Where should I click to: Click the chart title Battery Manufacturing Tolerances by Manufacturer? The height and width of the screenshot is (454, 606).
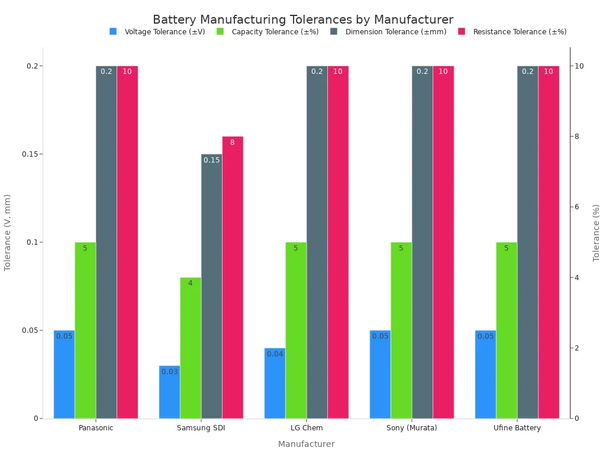(x=303, y=20)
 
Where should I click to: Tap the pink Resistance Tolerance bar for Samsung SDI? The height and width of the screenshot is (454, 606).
(x=233, y=277)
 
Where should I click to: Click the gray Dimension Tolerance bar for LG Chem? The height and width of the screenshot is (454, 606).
(x=317, y=242)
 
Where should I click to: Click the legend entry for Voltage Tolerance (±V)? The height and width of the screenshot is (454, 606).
(x=157, y=32)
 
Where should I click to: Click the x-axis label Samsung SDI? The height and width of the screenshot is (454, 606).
(x=201, y=428)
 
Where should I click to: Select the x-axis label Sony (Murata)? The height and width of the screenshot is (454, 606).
(x=412, y=428)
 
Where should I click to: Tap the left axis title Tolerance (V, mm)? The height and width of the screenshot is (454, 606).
(x=8, y=232)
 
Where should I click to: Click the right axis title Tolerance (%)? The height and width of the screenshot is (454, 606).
(x=597, y=232)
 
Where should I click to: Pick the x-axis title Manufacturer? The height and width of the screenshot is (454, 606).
(x=306, y=444)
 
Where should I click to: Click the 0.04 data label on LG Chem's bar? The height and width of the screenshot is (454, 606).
(x=275, y=354)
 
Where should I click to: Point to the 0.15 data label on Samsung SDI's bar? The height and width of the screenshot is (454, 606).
(x=212, y=160)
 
